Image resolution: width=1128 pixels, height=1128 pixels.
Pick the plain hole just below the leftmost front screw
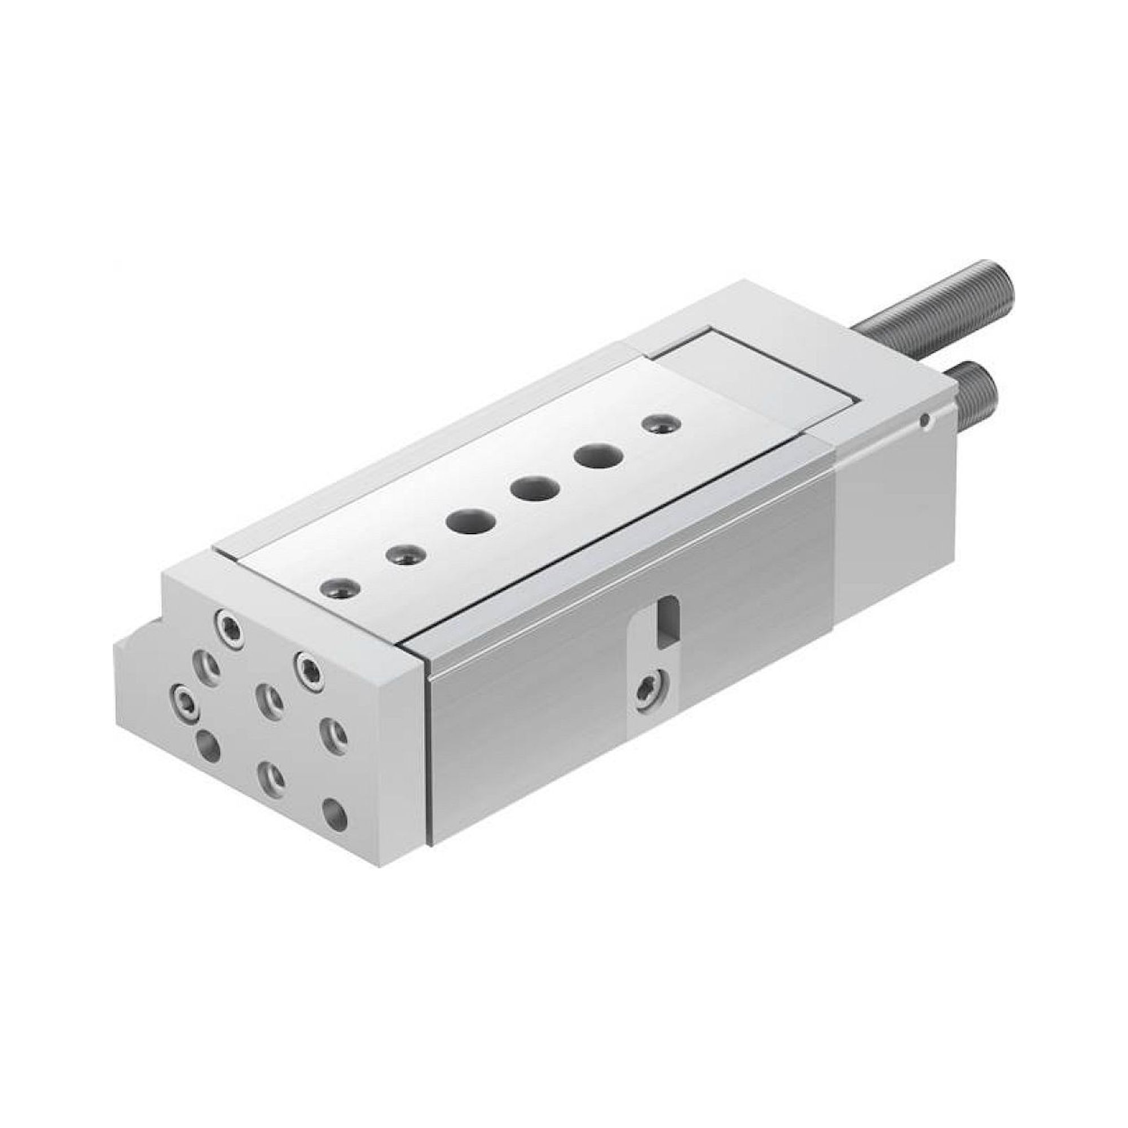point(209,747)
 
